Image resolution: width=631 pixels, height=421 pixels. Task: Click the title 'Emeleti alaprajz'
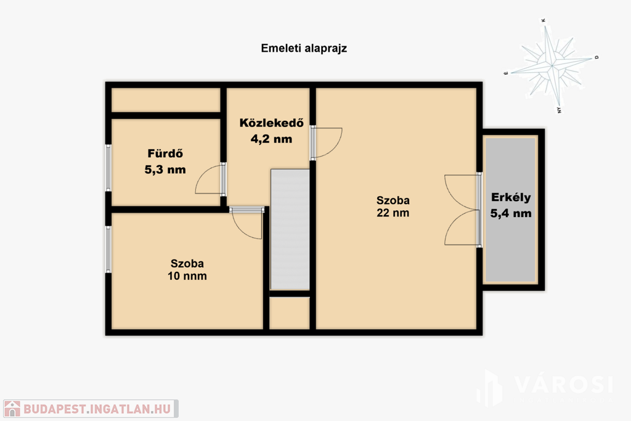click(x=304, y=48)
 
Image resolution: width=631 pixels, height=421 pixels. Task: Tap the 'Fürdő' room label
click(x=165, y=153)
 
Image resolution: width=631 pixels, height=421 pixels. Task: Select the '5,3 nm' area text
click(x=165, y=170)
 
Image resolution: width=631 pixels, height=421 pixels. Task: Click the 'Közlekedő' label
click(x=272, y=123)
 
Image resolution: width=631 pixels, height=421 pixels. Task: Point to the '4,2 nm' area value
click(x=272, y=139)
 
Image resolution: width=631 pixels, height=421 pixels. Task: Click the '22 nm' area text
click(x=393, y=213)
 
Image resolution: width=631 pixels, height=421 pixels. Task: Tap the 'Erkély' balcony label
click(x=511, y=198)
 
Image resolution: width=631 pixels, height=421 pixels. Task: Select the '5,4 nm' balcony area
click(x=511, y=213)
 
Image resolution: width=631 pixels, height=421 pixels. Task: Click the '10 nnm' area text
click(x=187, y=276)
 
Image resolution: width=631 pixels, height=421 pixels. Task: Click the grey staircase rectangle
click(x=290, y=229)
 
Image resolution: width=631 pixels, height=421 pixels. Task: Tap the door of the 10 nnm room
click(x=246, y=223)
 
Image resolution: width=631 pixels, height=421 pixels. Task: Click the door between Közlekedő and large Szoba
click(x=327, y=143)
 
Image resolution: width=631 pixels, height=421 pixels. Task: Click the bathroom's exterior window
click(x=108, y=168)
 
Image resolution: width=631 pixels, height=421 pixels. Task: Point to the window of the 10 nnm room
click(x=108, y=250)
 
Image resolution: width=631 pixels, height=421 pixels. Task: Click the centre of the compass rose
click(x=553, y=65)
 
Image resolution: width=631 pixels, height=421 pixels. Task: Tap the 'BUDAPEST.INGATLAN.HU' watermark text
click(x=97, y=409)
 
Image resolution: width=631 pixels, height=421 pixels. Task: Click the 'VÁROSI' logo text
click(x=563, y=385)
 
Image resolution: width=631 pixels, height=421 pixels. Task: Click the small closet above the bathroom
click(x=166, y=100)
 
